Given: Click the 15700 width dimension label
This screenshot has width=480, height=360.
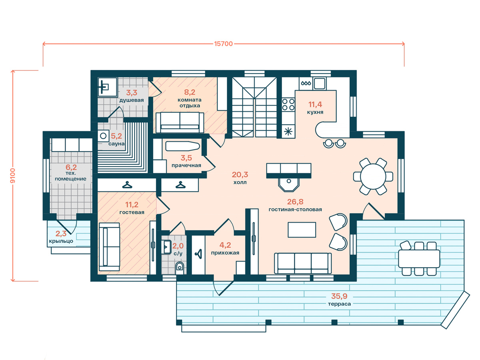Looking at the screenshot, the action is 223,44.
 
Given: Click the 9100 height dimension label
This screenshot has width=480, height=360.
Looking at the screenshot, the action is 13,176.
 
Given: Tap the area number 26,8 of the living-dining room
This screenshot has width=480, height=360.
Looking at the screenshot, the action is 295,202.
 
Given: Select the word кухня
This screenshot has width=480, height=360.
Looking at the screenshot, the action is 315,112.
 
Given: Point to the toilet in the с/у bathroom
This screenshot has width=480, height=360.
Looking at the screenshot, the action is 180,268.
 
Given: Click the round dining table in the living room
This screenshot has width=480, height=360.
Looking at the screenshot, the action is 373,176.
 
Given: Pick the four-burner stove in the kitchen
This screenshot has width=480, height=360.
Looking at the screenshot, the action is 288,104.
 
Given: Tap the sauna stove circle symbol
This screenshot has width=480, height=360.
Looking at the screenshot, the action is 103,136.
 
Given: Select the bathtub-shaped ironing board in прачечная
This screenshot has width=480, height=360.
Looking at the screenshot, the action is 182,146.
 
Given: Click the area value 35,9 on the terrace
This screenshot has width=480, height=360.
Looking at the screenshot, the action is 339,296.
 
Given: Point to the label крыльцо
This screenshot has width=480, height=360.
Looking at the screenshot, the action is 61,241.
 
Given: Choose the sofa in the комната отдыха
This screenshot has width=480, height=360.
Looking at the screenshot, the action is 180,122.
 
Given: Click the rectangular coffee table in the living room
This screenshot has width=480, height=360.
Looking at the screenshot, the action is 302,230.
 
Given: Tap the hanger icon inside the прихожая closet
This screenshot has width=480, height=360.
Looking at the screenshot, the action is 199,254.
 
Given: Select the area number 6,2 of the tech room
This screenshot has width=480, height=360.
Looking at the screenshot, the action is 71,168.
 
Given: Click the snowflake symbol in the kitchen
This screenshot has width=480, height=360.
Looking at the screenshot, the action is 288,131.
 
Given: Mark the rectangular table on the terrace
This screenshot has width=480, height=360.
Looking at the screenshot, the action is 419,259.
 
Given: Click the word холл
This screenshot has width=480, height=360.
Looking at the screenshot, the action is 240,182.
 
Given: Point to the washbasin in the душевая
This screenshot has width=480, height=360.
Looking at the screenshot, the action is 107,87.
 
